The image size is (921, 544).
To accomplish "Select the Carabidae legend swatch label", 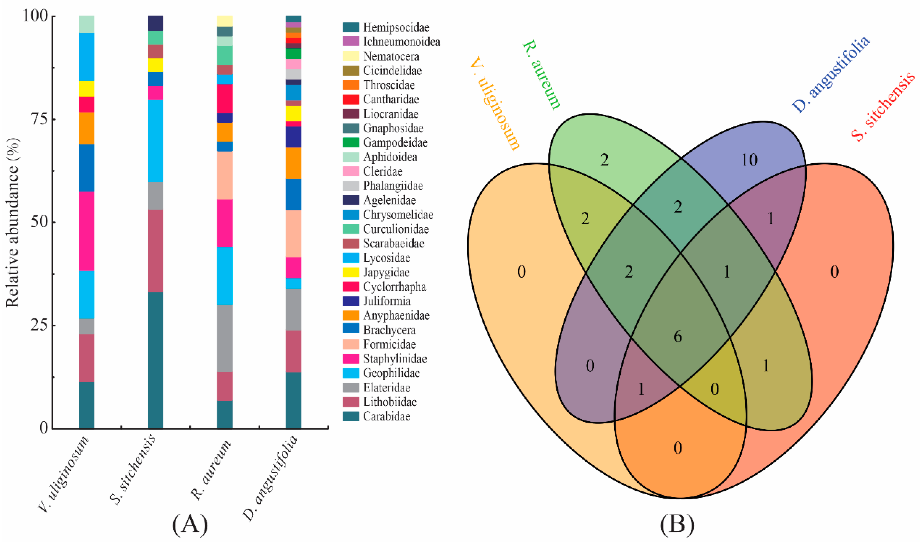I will click(386, 416).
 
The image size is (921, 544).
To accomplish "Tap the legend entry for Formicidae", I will click(389, 345).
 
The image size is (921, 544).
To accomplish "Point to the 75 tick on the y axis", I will click(38, 120).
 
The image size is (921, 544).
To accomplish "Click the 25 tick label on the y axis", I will click(38, 325).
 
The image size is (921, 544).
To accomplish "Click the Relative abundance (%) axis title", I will click(12, 222).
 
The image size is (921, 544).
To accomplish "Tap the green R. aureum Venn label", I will click(542, 75).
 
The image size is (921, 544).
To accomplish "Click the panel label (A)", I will click(190, 525).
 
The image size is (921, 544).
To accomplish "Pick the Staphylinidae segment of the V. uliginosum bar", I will click(87, 231).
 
